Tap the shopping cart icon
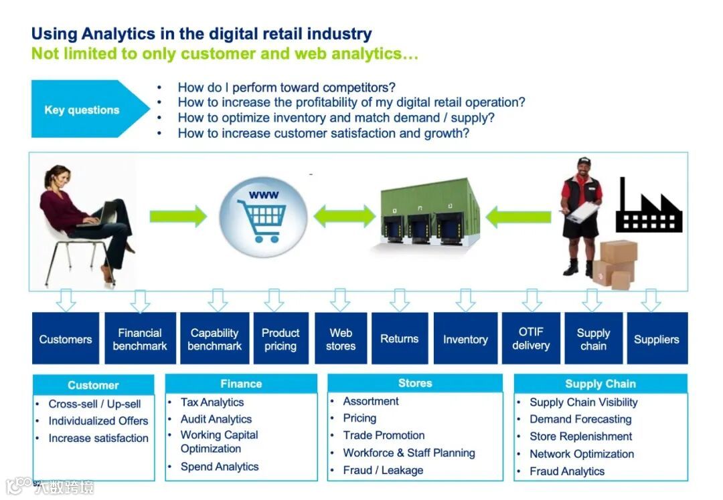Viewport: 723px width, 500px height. click(x=262, y=215)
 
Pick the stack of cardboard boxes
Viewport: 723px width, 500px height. click(x=615, y=264)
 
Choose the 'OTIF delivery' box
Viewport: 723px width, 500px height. click(x=531, y=338)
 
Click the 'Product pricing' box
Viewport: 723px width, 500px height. click(x=280, y=339)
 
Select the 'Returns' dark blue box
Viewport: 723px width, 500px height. click(x=400, y=339)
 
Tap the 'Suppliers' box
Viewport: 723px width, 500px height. click(x=656, y=339)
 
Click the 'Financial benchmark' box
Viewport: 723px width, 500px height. click(x=140, y=339)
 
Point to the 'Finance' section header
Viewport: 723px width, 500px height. click(x=241, y=384)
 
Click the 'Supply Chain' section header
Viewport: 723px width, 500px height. click(x=600, y=384)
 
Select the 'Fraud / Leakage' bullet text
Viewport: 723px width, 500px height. click(x=383, y=470)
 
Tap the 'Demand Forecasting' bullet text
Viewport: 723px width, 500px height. click(x=580, y=419)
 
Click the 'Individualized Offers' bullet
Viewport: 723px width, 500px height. click(x=98, y=420)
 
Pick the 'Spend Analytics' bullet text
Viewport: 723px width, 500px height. click(x=220, y=467)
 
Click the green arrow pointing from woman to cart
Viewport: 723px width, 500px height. click(x=178, y=216)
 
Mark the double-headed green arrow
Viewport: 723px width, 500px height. click(x=344, y=216)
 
